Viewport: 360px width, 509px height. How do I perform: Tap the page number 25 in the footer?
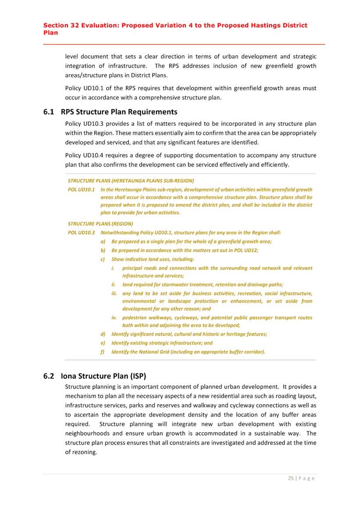[291, 478]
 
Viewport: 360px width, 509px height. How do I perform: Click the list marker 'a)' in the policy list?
[103, 241]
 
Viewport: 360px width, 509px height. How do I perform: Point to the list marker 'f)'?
[103, 351]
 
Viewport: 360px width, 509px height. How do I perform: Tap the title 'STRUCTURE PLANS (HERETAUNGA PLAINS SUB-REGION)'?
[131, 180]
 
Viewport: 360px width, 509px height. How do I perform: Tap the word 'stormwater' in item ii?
[173, 284]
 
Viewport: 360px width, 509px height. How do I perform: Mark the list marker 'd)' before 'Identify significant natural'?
[103, 334]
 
